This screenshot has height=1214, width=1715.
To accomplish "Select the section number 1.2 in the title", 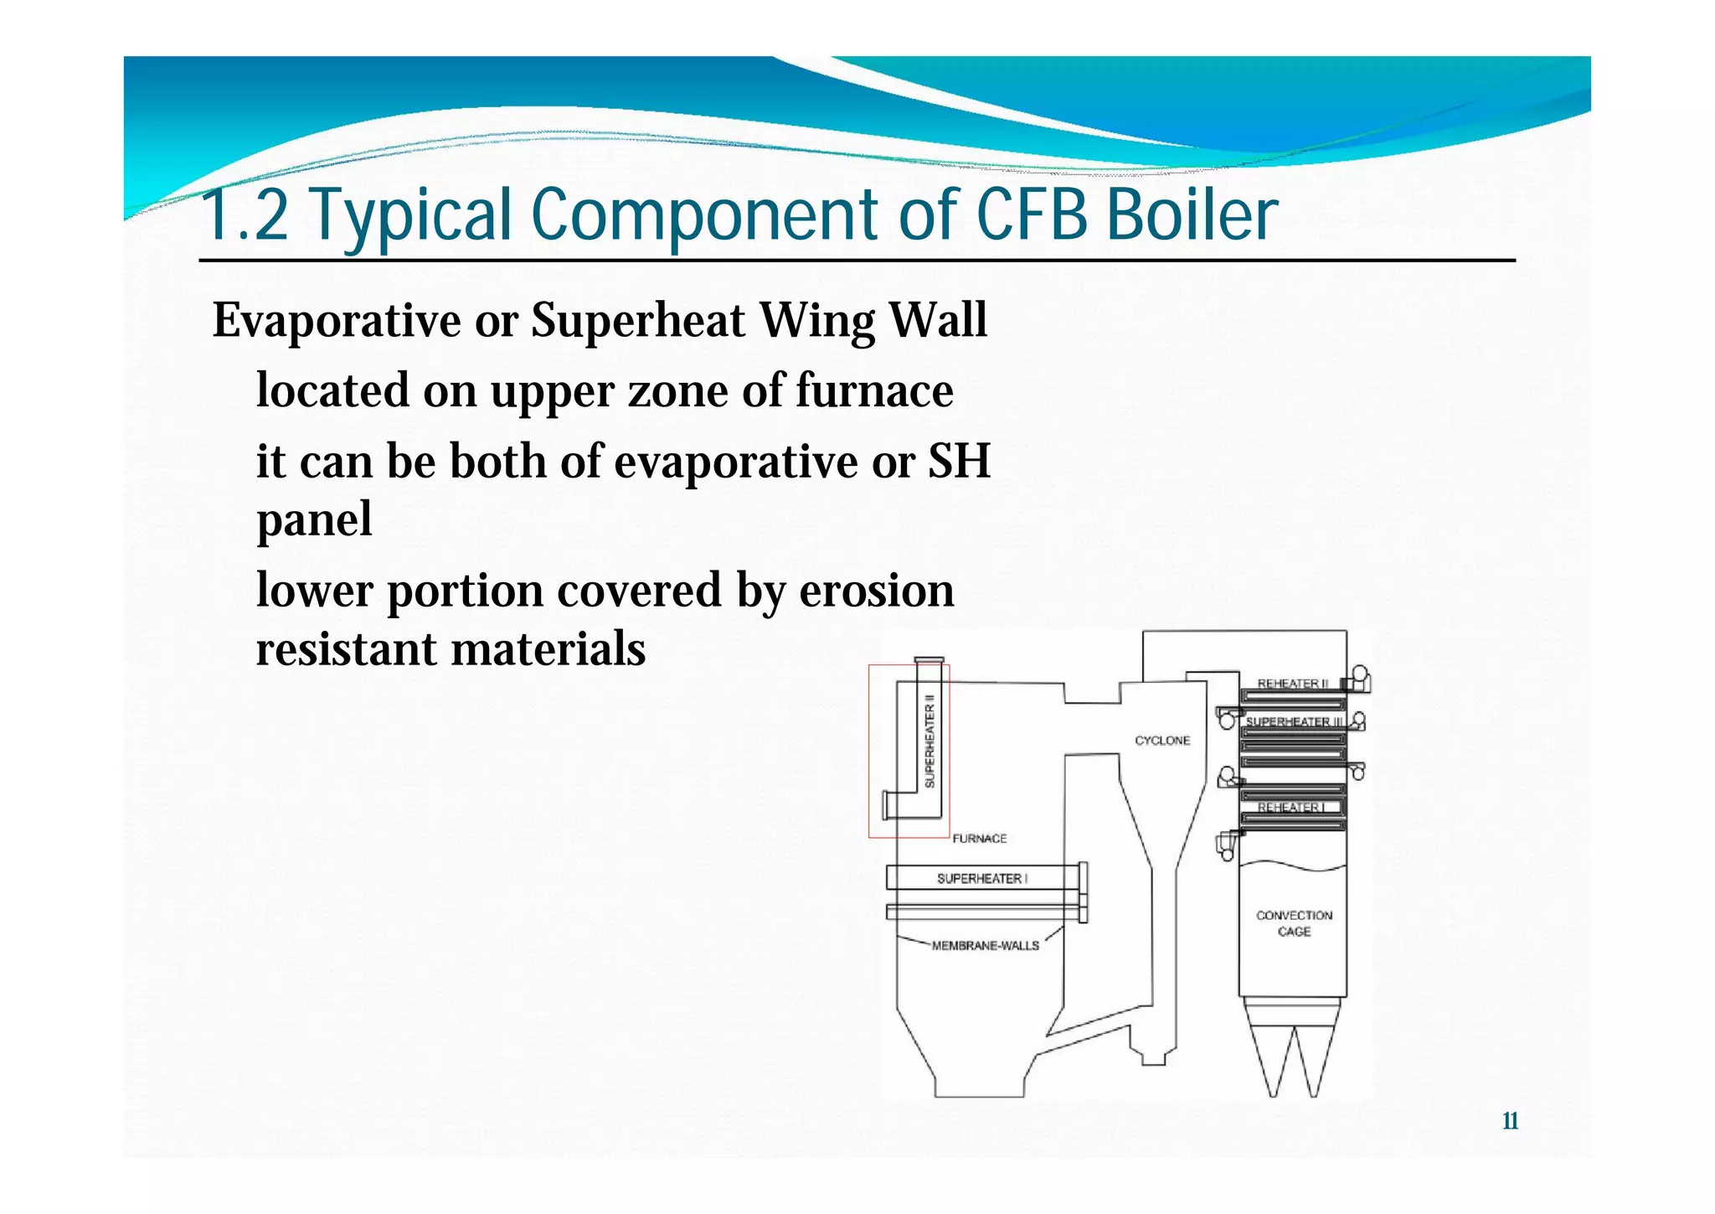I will pyautogui.click(x=245, y=214).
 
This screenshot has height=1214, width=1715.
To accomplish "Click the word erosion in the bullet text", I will pyautogui.click(x=877, y=590).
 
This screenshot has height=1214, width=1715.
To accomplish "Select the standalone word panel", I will pyautogui.click(x=314, y=519).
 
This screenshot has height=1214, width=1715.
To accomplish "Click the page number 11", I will pyautogui.click(x=1510, y=1121).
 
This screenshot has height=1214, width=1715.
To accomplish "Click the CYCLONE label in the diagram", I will pyautogui.click(x=1162, y=741).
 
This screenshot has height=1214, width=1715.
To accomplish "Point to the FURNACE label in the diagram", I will pyautogui.click(x=980, y=838).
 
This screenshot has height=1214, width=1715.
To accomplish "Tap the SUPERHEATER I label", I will pyautogui.click(x=981, y=878).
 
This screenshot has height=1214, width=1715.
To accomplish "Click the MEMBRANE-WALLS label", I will pyautogui.click(x=985, y=946).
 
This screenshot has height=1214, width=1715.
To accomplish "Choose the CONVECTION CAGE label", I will pyautogui.click(x=1294, y=923).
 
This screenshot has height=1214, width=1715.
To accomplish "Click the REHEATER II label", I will pyautogui.click(x=1293, y=684).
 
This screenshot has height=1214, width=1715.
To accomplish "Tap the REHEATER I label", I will pyautogui.click(x=1291, y=808).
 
